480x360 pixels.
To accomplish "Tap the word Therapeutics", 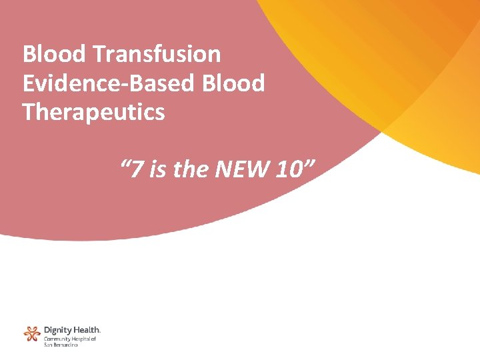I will (93, 112).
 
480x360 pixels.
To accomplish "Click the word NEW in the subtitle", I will (241, 171).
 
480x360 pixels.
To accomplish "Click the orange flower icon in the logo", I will (31, 333).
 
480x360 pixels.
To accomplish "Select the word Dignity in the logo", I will (57, 330).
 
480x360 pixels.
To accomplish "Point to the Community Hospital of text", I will (69, 339).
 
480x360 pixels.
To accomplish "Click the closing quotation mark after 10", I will (307, 165).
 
